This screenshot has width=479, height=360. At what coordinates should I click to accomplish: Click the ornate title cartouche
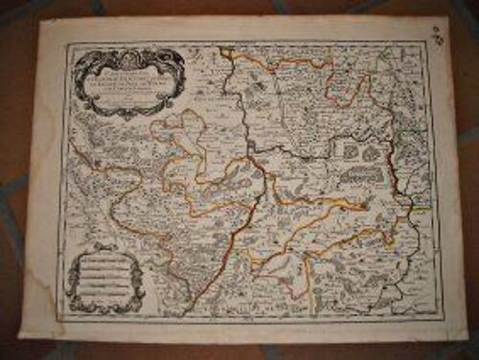tap(128, 80)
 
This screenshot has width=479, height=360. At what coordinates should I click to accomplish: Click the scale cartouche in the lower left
tap(104, 274)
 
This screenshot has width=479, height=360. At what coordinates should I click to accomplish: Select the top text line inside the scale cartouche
tap(105, 257)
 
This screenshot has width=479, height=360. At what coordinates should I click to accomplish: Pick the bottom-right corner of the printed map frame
tap(442, 317)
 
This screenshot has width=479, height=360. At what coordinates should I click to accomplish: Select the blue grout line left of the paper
tap(12, 191)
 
